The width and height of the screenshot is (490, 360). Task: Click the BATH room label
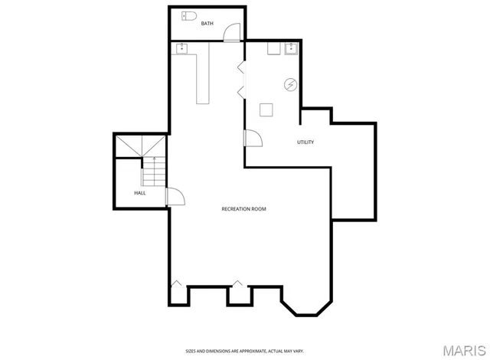(207, 24)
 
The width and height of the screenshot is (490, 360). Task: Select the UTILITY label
(305, 142)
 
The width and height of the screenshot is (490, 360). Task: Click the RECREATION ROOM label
(243, 209)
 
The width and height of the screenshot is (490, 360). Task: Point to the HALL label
(140, 193)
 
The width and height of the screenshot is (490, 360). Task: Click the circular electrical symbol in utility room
(291, 84)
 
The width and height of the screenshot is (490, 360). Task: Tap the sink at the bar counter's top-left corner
(182, 49)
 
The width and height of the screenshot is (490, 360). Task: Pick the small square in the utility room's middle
(266, 110)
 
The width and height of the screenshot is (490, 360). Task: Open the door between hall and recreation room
(175, 197)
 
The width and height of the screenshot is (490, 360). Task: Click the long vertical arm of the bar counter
(203, 77)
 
